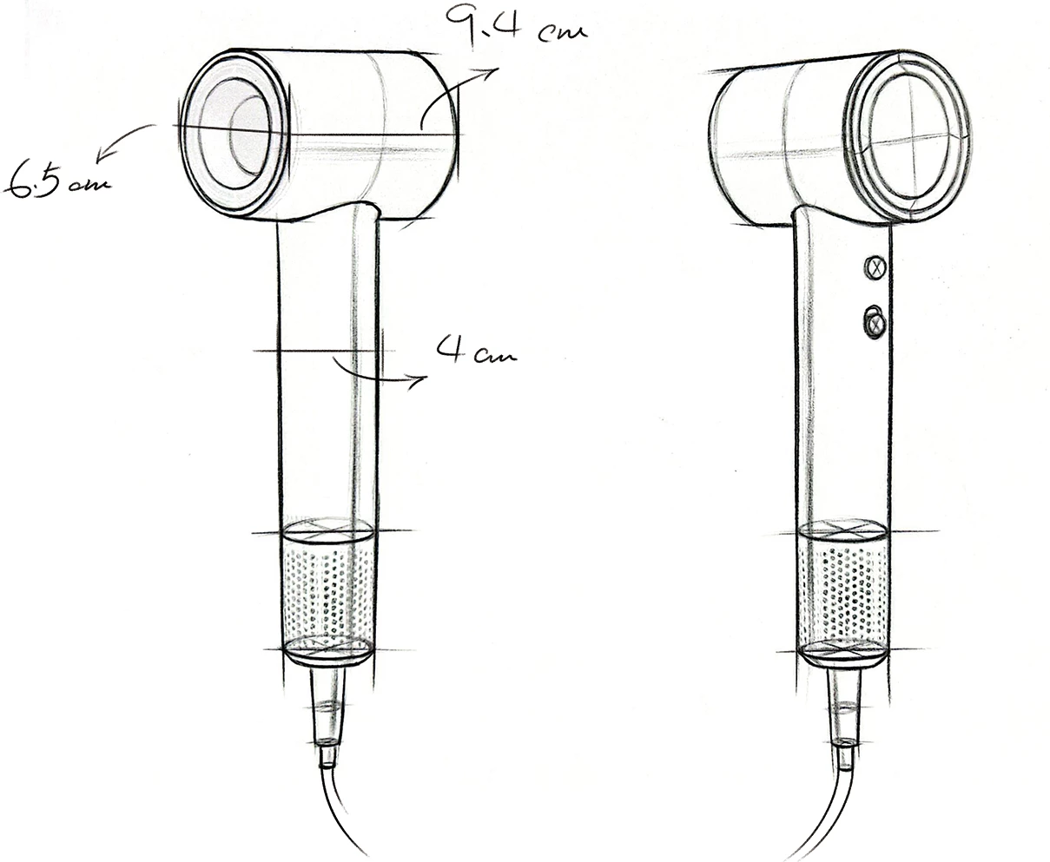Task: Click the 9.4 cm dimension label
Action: (516, 26)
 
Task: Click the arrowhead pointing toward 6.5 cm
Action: (103, 153)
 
